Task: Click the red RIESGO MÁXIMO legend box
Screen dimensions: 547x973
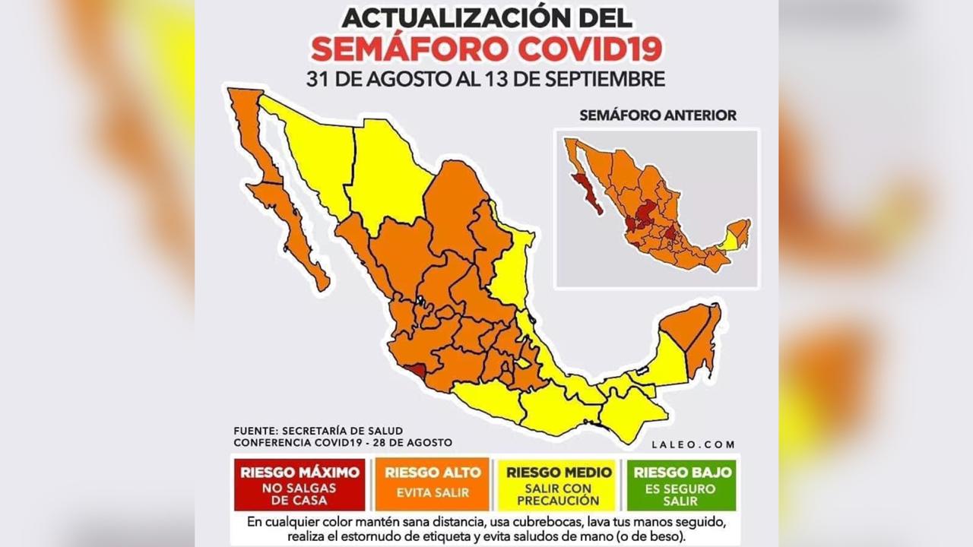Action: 300,485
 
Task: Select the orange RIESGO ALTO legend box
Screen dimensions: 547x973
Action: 433,485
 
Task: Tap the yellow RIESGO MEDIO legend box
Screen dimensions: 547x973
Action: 559,485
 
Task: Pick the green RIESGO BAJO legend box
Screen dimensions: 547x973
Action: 680,485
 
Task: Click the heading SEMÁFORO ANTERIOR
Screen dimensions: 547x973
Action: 658,115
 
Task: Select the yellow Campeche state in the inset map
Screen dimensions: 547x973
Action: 727,241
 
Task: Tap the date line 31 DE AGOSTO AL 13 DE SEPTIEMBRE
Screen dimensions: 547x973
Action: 486,78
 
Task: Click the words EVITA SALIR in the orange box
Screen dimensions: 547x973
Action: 433,492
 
